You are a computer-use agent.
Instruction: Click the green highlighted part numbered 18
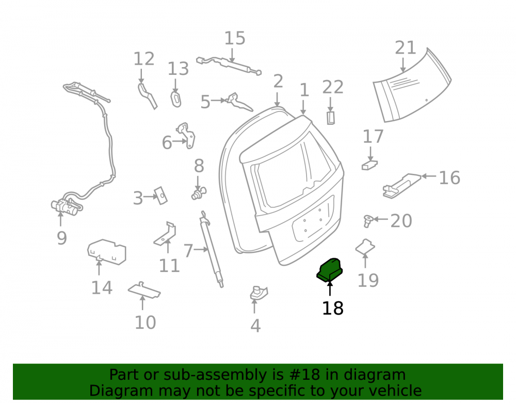click(330, 270)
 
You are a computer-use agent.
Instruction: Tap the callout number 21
click(406, 47)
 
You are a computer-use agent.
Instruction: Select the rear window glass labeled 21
click(412, 86)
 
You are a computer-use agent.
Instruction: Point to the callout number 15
click(235, 38)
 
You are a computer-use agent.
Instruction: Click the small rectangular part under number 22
click(331, 118)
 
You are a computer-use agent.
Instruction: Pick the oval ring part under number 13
click(176, 100)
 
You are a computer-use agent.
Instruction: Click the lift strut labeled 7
click(211, 249)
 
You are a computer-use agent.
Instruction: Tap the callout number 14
click(102, 287)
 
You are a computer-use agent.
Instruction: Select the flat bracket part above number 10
click(144, 289)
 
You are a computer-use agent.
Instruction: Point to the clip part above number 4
click(259, 293)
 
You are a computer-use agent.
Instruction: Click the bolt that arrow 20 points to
click(368, 221)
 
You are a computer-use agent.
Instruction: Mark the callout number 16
click(449, 178)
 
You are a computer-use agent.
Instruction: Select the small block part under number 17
click(369, 165)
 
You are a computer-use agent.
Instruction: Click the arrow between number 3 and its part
click(151, 197)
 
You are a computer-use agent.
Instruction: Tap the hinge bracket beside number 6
click(187, 136)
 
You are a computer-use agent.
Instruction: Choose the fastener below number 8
click(199, 194)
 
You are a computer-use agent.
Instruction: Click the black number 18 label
click(333, 308)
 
